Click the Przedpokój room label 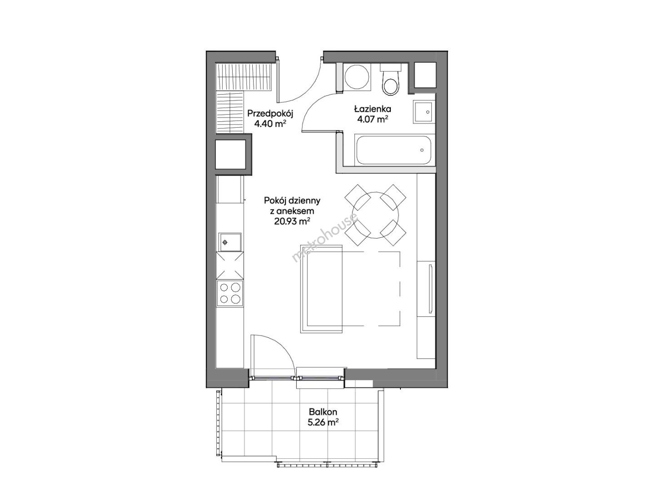270,114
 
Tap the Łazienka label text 372,109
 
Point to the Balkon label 323,412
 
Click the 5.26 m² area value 323,422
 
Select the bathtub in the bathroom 393,150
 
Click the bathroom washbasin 424,112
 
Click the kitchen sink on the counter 230,242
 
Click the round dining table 375,215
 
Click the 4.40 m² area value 270,123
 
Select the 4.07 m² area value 372,119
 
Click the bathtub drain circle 422,150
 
